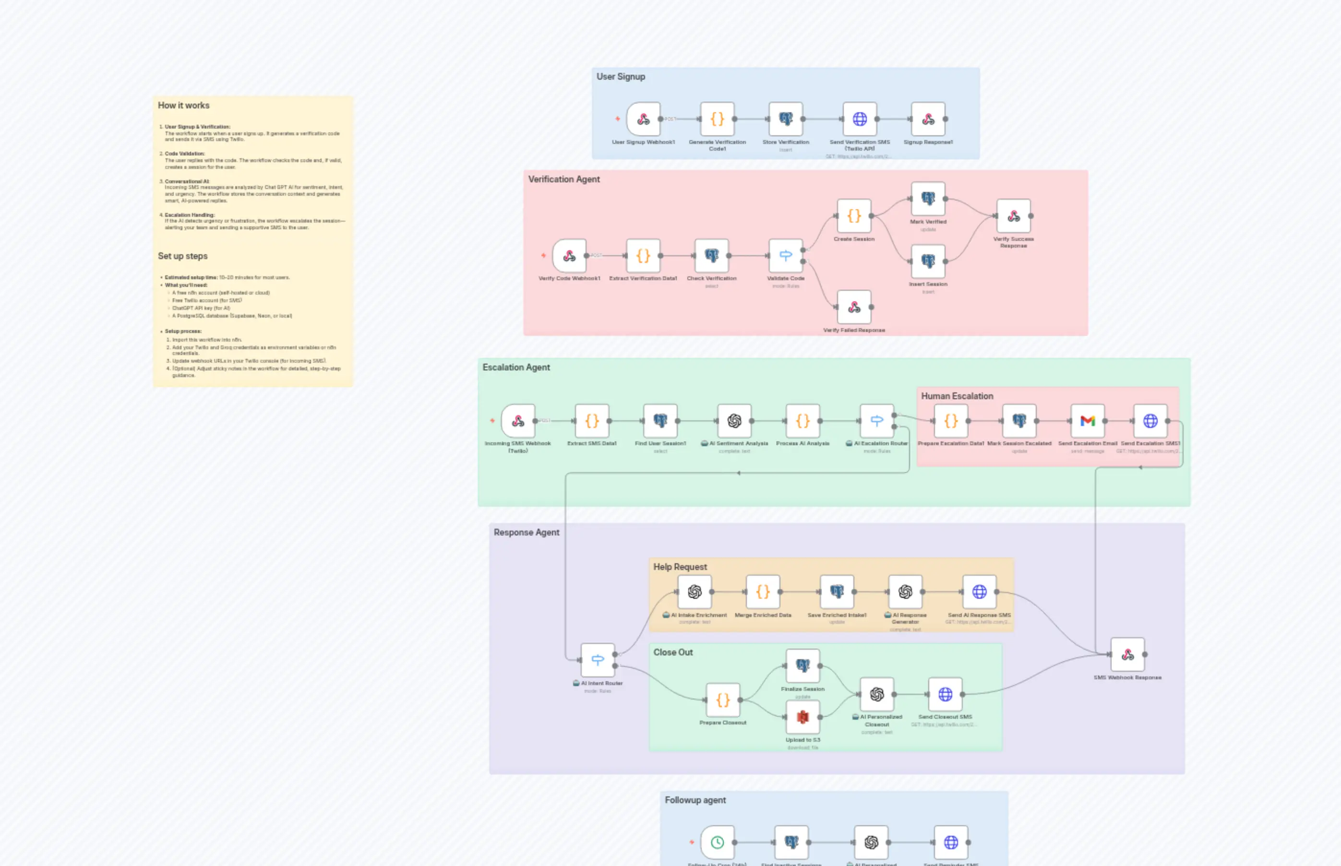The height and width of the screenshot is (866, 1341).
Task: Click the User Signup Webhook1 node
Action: tap(644, 119)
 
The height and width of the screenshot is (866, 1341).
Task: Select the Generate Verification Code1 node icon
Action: tap(717, 119)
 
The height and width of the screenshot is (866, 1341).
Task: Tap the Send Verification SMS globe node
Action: tap(860, 119)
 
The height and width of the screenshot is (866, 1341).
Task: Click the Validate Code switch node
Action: tap(786, 255)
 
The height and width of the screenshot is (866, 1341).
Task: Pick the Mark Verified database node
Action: tap(928, 199)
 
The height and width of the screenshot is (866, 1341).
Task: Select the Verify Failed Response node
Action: tap(854, 307)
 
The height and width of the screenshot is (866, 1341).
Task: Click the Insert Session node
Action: tap(928, 261)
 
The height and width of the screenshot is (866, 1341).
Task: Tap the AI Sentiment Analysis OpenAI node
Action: tap(734, 421)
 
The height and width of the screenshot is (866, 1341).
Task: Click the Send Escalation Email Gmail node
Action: tap(1087, 421)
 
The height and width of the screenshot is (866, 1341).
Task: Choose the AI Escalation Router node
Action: tap(876, 421)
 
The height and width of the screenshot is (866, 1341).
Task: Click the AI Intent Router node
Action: tap(598, 660)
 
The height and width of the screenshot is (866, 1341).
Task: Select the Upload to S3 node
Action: tap(802, 717)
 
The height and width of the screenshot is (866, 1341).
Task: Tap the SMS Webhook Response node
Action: tap(1127, 654)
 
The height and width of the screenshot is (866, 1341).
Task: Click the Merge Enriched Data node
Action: tap(763, 592)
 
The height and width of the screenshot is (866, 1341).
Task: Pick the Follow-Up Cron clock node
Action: tap(717, 842)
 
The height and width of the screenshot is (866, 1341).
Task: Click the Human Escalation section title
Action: tap(957, 396)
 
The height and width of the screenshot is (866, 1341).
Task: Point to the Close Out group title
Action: tap(673, 652)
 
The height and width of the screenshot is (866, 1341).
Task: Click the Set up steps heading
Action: tap(182, 256)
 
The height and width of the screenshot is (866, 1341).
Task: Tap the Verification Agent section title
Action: tap(563, 179)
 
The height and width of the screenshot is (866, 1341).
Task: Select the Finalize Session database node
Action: tap(802, 666)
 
